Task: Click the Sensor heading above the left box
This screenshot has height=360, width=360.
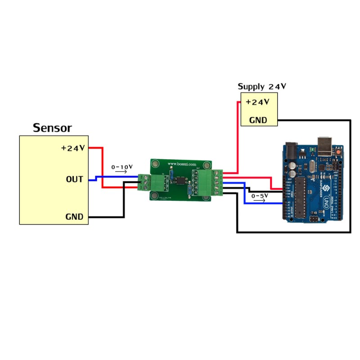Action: pos(52,128)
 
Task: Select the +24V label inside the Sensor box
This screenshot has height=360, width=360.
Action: pos(73,148)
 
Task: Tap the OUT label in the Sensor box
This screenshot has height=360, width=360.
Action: pos(74,180)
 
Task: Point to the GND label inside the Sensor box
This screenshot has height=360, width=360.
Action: pos(74,217)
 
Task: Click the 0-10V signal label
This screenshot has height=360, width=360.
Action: pos(122,167)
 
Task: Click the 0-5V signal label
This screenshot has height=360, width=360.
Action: pos(260,196)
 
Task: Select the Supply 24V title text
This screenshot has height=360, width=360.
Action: pos(262,86)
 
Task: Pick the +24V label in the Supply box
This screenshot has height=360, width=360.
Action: pos(257,102)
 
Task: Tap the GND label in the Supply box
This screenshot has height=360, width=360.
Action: pos(258,120)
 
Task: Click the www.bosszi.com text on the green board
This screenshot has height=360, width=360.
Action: pos(182,164)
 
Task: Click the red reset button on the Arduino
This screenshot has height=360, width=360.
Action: pos(337,153)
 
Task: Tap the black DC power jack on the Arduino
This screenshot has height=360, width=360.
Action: pos(291,150)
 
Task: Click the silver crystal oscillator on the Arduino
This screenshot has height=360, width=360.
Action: pos(311,168)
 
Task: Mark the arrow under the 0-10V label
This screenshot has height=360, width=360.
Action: pos(121,173)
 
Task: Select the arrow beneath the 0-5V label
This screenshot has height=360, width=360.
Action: pos(260,201)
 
